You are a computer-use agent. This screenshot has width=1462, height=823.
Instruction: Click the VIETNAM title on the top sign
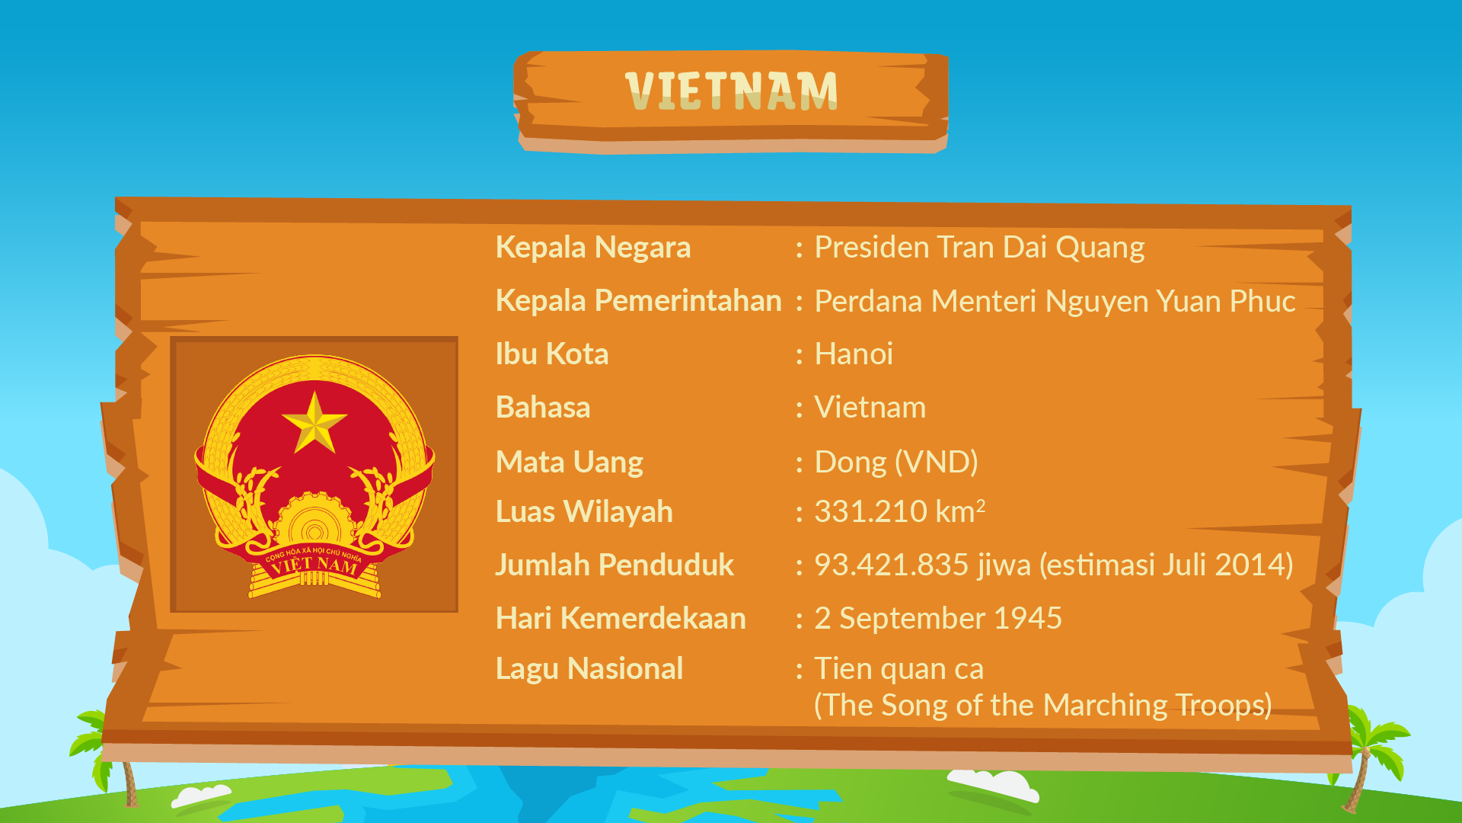pos(731,91)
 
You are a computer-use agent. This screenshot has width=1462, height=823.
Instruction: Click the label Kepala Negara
pos(593,248)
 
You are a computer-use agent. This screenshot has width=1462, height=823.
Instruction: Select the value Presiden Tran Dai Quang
pos(979,248)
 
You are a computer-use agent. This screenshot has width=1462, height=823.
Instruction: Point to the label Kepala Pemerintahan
pos(639,301)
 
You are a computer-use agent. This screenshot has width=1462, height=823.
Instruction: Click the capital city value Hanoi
pos(854,354)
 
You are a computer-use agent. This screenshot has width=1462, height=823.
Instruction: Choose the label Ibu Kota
pos(552,354)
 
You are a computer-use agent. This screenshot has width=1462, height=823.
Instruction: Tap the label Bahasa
pos(543,408)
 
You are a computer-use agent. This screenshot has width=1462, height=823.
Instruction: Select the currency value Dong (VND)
pos(896,463)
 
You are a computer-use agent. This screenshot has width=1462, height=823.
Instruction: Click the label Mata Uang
pos(570,463)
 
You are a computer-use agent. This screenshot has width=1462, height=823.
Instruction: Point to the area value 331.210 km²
pos(900,511)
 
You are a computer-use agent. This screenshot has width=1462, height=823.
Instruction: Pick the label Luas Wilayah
pos(584,512)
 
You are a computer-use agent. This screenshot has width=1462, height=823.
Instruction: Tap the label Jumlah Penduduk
pos(614,565)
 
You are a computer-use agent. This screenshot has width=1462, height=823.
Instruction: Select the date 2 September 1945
pos(938,619)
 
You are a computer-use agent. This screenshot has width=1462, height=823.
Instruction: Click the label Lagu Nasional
pos(589,669)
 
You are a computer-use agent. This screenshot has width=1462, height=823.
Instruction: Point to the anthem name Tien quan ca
pos(899,669)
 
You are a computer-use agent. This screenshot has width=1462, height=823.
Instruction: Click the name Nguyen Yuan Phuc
pos(1170,302)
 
